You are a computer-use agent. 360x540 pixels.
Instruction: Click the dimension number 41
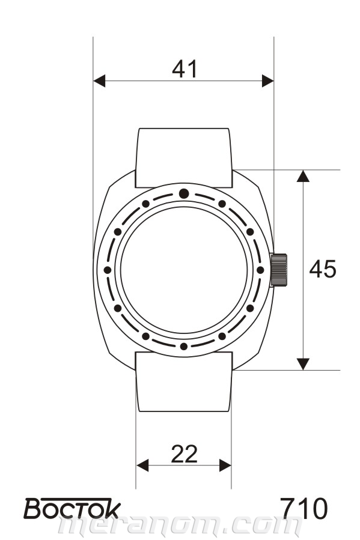pyautogui.click(x=185, y=69)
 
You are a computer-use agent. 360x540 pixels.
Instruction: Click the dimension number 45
pyautogui.click(x=323, y=269)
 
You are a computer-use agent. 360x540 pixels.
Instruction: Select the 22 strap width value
pyautogui.click(x=185, y=454)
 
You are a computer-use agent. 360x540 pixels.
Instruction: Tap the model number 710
pyautogui.click(x=304, y=508)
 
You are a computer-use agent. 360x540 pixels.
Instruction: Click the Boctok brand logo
pyautogui.click(x=72, y=508)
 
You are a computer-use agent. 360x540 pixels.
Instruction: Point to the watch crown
pyautogui.click(x=279, y=270)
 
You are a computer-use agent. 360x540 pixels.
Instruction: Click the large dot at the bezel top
pyautogui.click(x=184, y=193)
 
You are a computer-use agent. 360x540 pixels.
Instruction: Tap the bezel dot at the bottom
pyautogui.click(x=184, y=346)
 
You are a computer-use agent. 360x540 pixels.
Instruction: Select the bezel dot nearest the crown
pyautogui.click(x=260, y=270)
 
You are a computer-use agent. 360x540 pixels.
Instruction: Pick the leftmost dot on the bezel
pyautogui.click(x=108, y=270)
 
